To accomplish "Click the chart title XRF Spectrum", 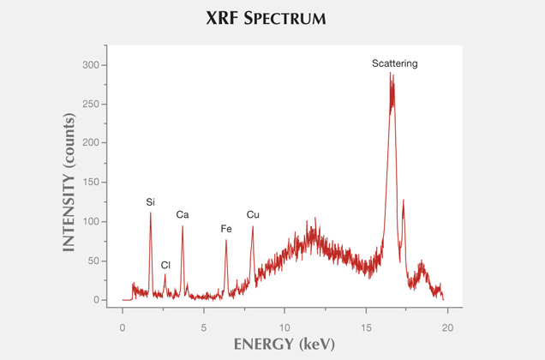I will click(272, 17).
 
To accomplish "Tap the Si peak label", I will click(151, 201).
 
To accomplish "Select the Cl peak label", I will click(165, 265).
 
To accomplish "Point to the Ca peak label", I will click(183, 214).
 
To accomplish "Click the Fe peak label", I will click(226, 229).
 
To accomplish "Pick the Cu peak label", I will click(253, 214).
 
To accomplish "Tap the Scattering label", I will click(394, 63).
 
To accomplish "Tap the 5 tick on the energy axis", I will click(204, 327).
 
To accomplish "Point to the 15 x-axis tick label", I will click(366, 327).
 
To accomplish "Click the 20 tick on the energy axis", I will click(447, 327).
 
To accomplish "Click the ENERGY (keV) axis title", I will click(284, 345).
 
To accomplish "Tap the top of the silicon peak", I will click(151, 213).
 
